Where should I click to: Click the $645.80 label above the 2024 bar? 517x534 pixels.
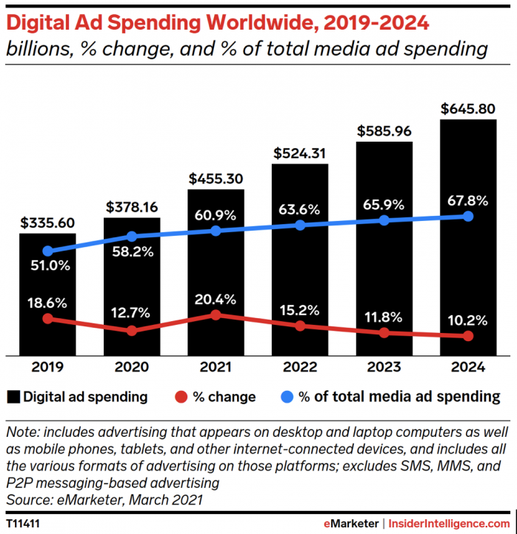(x=467, y=109)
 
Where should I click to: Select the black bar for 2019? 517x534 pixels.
(x=47, y=294)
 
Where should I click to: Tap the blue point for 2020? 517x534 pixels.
(x=132, y=237)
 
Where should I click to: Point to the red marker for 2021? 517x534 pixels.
(x=216, y=315)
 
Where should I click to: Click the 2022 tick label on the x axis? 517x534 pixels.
(x=300, y=367)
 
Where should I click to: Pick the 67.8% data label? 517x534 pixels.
(x=467, y=201)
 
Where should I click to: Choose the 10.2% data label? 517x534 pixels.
(x=467, y=320)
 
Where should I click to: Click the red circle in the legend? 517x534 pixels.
(x=181, y=397)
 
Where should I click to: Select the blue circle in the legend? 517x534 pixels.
(x=287, y=397)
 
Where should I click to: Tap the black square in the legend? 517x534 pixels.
(x=13, y=397)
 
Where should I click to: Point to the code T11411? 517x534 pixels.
(x=23, y=524)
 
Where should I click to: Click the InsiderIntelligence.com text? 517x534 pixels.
(x=449, y=524)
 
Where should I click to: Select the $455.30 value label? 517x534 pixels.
(x=216, y=179)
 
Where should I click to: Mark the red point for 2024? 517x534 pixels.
(x=468, y=336)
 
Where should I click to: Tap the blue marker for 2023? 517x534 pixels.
(x=384, y=220)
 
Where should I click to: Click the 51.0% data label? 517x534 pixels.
(x=50, y=266)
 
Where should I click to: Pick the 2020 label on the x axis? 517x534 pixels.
(x=132, y=367)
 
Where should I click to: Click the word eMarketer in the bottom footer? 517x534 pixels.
(x=351, y=524)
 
